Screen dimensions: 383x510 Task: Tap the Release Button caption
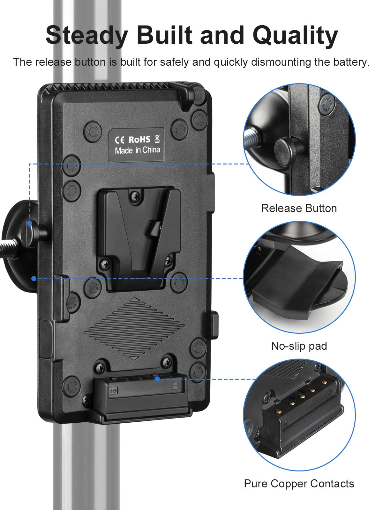pyautogui.click(x=299, y=208)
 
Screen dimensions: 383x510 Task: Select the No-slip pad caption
pyautogui.click(x=299, y=346)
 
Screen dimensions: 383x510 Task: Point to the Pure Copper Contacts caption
pyautogui.click(x=299, y=484)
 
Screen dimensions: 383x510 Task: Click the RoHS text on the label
pyautogui.click(x=139, y=140)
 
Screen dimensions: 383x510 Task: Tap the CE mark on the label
pyautogui.click(x=120, y=140)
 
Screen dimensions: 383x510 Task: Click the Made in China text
pyautogui.click(x=137, y=150)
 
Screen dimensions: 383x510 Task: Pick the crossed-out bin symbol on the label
pyautogui.click(x=157, y=139)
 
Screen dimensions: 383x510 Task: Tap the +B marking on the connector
pyautogui.click(x=113, y=390)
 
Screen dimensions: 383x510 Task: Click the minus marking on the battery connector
pyautogui.click(x=175, y=386)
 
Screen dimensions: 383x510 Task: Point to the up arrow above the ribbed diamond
pyautogui.click(x=135, y=300)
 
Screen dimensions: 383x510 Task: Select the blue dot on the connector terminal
pyautogui.click(x=157, y=379)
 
